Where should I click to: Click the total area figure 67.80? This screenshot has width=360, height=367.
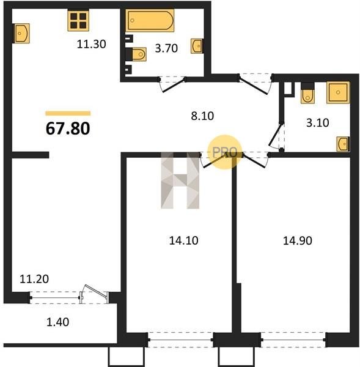coord(68,128)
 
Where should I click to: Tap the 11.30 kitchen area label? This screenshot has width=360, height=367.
coord(92,44)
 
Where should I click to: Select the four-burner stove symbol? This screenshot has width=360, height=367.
coord(78,21)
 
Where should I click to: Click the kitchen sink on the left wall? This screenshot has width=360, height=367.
coord(21,33)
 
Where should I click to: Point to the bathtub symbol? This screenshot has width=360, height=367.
coord(150,21)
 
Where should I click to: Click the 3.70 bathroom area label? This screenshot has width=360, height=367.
coord(166,48)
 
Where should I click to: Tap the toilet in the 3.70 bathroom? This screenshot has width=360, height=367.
coord(138,54)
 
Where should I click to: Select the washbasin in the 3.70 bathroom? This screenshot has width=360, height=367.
coord(197,46)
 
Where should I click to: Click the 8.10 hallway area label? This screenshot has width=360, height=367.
coord(202,116)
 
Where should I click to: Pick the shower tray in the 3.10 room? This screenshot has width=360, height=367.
coord(338,92)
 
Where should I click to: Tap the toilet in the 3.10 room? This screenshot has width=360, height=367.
coord(307,94)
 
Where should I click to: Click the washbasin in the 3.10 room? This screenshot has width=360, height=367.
coord(343,144)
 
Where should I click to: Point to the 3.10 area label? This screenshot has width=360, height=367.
coord(318,123)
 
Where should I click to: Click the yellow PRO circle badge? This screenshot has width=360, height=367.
coord(224,152)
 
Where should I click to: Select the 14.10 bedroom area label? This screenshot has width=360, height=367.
coord(183,240)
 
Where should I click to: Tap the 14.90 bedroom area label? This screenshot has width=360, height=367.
coord(298,240)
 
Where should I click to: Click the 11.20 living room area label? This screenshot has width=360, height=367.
coord(34,279)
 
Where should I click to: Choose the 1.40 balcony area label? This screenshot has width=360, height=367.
coord(58,322)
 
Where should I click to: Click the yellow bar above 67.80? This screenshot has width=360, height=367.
coord(68,114)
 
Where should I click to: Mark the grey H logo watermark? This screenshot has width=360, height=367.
coord(180,180)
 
